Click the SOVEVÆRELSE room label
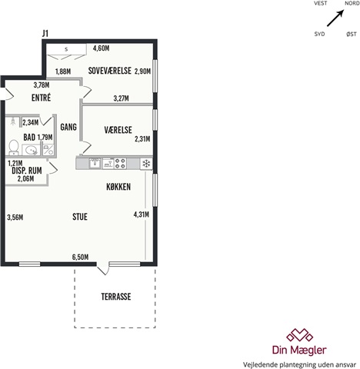click(110, 71)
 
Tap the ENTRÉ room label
click(41, 98)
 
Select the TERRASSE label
click(116, 297)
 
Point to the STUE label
click(80, 217)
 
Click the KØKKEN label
click(118, 187)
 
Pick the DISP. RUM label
click(27, 171)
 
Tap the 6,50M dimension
click(80, 257)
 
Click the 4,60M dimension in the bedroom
click(101, 48)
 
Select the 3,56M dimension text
click(15, 218)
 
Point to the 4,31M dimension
click(142, 214)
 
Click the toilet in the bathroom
click(13, 148)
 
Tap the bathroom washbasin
click(32, 150)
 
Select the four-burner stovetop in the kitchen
click(120, 164)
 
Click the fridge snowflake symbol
click(146, 164)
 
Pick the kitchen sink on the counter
click(95, 164)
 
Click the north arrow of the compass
click(335, 18)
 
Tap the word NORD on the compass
click(352, 3)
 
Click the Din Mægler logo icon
click(300, 335)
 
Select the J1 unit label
click(45, 34)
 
